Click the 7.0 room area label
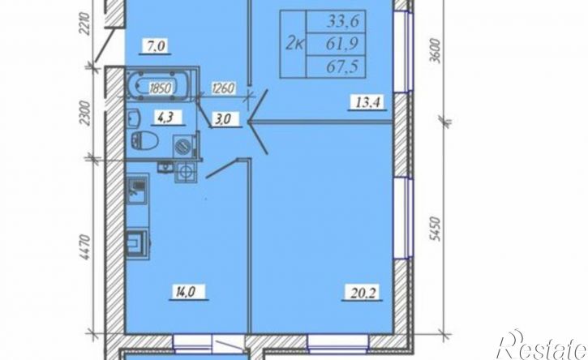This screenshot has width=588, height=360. (x=154, y=46)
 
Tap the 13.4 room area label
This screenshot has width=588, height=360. (x=367, y=102)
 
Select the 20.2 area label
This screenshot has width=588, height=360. (x=362, y=291)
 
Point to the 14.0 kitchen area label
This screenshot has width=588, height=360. (x=189, y=291)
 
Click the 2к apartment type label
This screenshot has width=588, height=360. (x=295, y=45)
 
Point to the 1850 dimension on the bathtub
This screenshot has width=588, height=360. (x=160, y=89)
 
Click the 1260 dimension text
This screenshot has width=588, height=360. (x=224, y=89)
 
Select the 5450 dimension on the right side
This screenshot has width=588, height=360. (x=434, y=229)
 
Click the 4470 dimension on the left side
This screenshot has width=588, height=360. (x=85, y=247)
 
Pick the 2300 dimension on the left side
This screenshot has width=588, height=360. (x=85, y=114)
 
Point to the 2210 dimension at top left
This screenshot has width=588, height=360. (x=85, y=24)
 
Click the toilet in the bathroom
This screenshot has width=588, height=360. (x=144, y=140)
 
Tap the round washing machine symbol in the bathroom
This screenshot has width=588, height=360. (x=184, y=146)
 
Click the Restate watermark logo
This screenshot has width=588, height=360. (x=542, y=345)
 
